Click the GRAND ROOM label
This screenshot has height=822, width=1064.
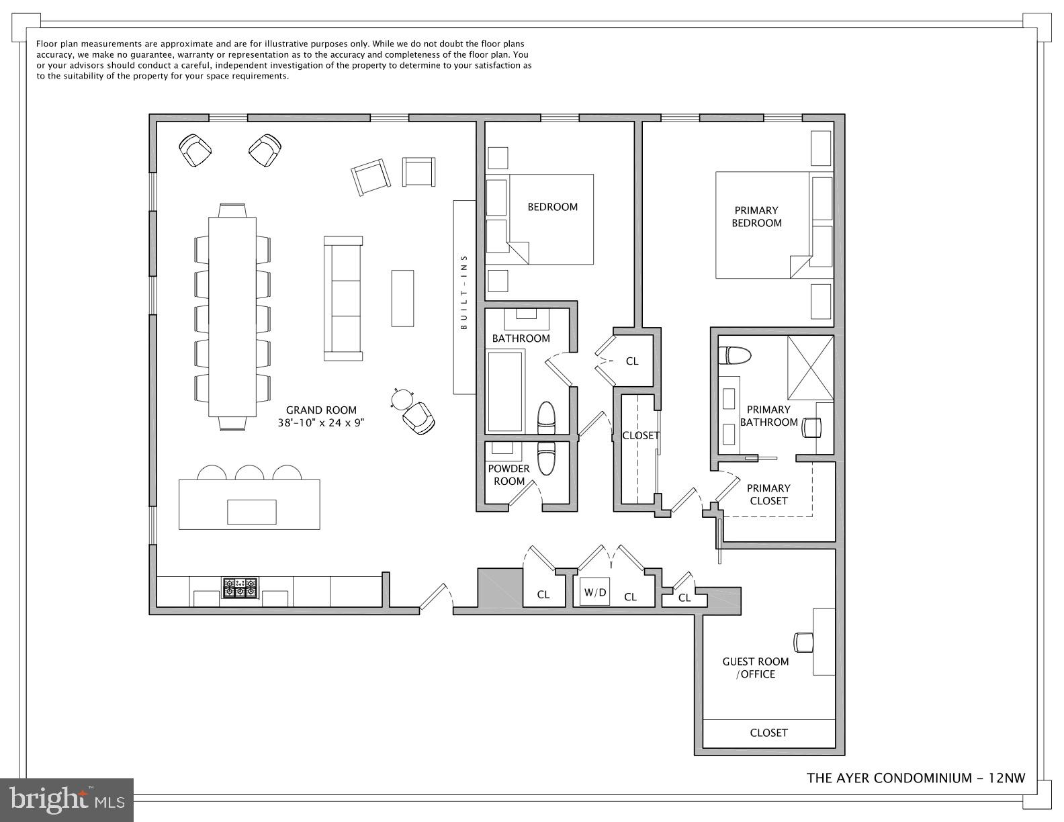[321, 410]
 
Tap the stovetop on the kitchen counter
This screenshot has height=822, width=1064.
[240, 588]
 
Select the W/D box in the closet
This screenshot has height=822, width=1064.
[595, 592]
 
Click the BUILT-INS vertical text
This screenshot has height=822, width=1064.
[463, 292]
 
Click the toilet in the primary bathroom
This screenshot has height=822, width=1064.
[734, 355]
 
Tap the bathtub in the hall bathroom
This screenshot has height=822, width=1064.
[504, 393]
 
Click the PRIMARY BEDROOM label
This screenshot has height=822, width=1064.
[756, 216]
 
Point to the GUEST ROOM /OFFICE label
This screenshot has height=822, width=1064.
[756, 668]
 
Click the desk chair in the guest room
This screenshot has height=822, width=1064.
[803, 641]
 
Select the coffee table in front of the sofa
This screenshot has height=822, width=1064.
[402, 298]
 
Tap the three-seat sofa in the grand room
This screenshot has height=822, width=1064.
[343, 298]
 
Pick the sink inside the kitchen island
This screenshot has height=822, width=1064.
[252, 512]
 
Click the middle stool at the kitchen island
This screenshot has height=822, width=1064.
[249, 472]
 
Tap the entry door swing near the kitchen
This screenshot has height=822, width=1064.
[437, 598]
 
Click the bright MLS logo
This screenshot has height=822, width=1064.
[67, 800]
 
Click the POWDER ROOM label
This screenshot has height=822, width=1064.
[508, 474]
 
